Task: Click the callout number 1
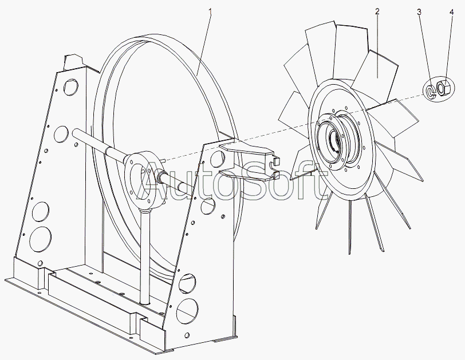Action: click(x=210, y=12)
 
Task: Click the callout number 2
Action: click(x=377, y=12)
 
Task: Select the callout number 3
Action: click(x=419, y=12)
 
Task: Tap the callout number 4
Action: click(x=451, y=12)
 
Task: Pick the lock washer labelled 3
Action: click(x=430, y=92)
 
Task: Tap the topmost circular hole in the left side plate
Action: click(x=70, y=87)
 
